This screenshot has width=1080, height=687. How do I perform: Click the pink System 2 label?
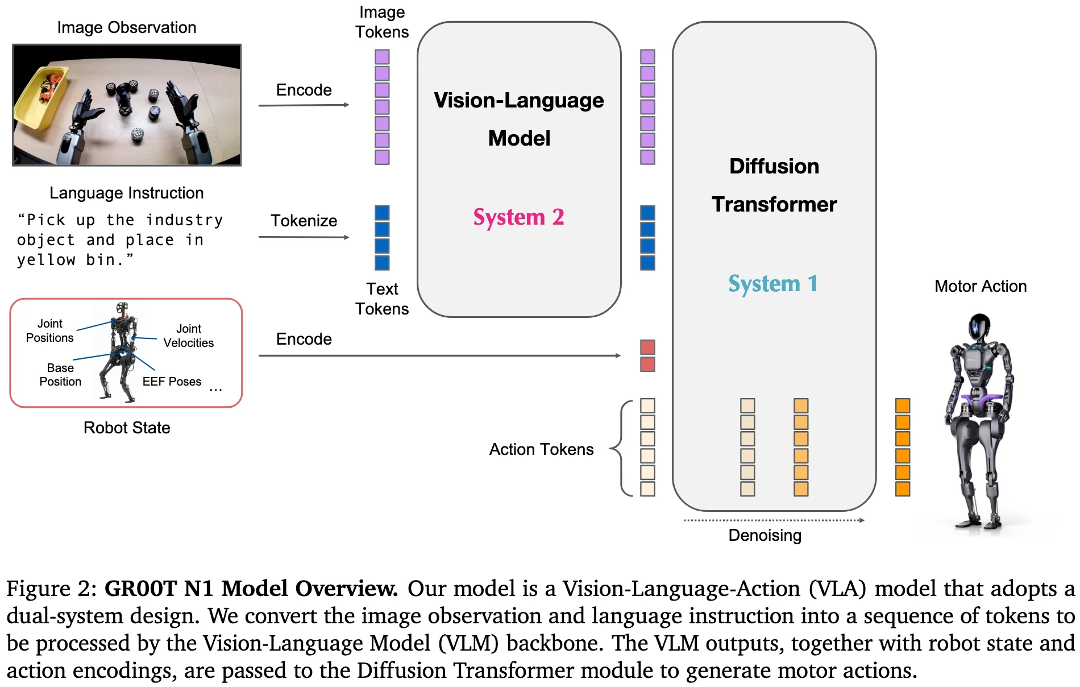click(518, 217)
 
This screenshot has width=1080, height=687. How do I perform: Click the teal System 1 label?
click(773, 284)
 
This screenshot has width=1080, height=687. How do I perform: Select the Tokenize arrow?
click(304, 237)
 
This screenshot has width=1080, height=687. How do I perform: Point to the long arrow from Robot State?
click(439, 355)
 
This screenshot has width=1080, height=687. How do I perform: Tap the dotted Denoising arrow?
click(774, 520)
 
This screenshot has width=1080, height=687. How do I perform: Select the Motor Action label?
click(981, 286)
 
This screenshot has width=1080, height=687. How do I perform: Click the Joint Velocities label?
click(189, 336)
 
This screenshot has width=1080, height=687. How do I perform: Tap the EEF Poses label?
click(172, 382)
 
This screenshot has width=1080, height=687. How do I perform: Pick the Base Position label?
click(60, 375)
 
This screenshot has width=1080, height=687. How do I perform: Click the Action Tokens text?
click(541, 449)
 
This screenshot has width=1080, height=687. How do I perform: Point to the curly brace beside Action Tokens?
click(620, 448)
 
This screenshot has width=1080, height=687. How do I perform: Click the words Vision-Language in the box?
click(518, 100)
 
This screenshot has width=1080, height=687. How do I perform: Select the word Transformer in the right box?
click(774, 204)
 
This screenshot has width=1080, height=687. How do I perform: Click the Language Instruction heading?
click(126, 193)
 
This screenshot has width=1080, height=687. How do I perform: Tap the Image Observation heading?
click(126, 27)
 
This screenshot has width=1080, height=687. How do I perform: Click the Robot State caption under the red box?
click(127, 428)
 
